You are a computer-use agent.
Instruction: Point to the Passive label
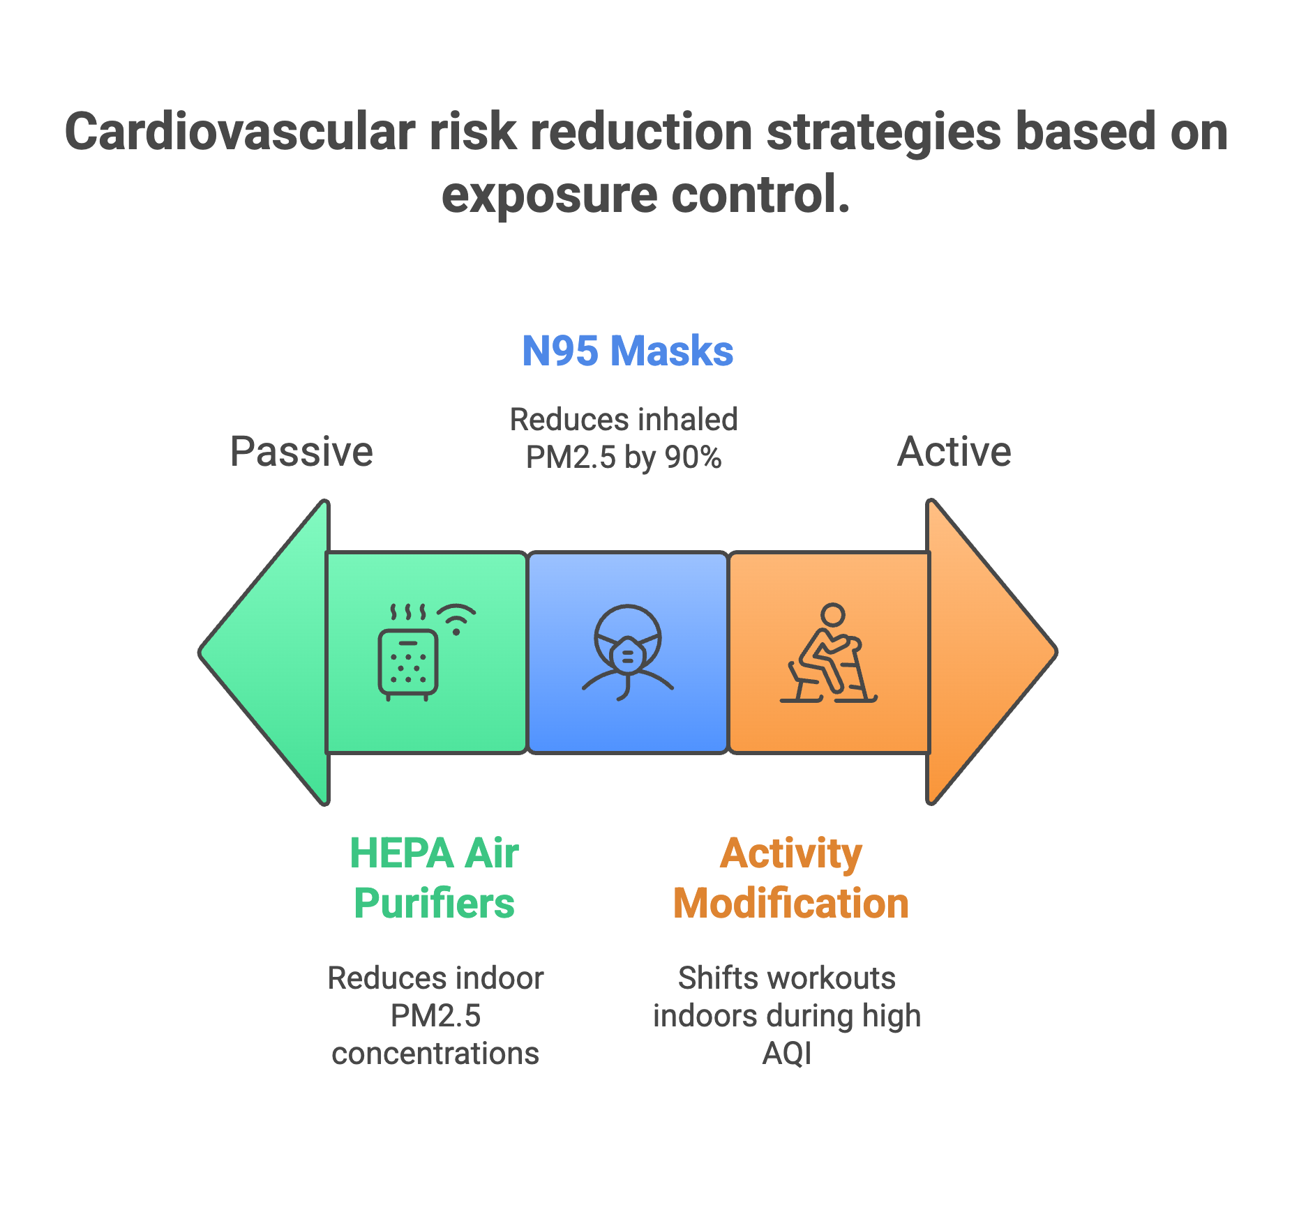tap(301, 451)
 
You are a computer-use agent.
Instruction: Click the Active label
tap(954, 451)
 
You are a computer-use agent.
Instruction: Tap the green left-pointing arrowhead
tap(265, 652)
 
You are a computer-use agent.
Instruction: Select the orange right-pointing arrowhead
tap(991, 652)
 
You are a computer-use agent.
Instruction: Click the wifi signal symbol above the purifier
tap(456, 617)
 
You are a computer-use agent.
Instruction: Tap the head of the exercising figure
tap(832, 614)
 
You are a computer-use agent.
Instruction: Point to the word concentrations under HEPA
tap(435, 1053)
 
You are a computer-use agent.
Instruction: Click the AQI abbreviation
tap(787, 1053)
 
